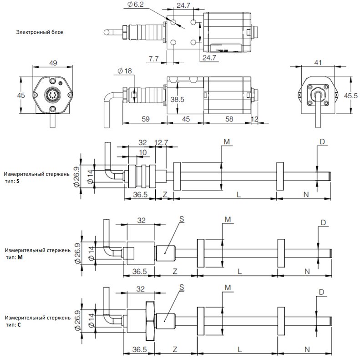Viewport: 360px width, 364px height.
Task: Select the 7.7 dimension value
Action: tap(153, 59)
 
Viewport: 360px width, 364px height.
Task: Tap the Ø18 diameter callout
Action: tap(125, 71)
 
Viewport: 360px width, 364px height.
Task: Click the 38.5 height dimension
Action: tap(177, 99)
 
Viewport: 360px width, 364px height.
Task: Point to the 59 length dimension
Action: tap(146, 119)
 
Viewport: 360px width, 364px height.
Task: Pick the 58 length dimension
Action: tap(229, 119)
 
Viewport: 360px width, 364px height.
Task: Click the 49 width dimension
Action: tap(53, 63)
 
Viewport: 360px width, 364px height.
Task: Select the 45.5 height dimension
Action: tap(351, 96)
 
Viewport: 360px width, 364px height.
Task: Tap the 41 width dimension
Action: tap(318, 62)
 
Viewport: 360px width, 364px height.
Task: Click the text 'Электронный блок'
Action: tap(40, 32)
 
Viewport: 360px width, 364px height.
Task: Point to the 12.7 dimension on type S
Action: tap(161, 142)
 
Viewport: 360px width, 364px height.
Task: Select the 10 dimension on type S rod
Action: tap(142, 152)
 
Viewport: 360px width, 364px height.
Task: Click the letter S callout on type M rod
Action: tap(182, 219)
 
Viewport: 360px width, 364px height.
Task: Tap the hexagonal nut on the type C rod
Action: tap(150, 321)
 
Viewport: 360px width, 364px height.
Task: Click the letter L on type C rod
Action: tap(239, 349)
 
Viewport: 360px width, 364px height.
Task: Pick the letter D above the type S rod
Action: tap(322, 142)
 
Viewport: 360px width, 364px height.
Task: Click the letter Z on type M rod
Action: tap(175, 271)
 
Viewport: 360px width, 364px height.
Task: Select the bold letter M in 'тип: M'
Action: tap(20, 257)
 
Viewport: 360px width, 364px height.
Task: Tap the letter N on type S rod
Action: tap(306, 194)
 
